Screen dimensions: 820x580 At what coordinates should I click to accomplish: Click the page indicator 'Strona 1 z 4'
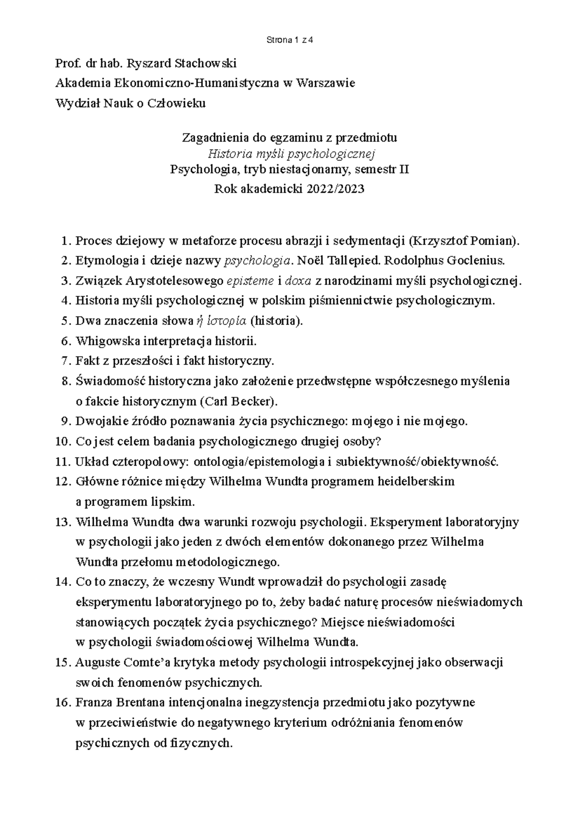coord(290,41)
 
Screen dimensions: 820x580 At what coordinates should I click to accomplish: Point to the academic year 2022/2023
coord(335,189)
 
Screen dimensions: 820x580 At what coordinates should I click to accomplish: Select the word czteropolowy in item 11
coord(151,462)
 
